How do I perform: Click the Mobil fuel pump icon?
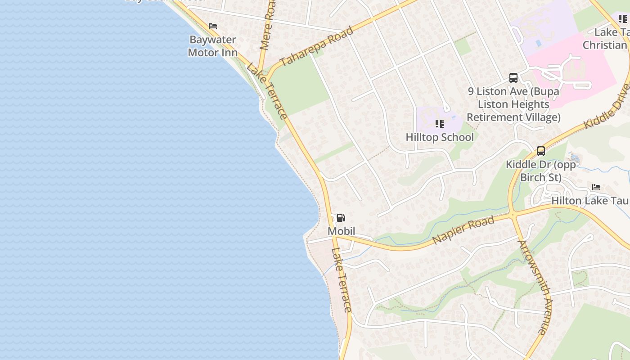coord(341,218)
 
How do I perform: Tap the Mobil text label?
coord(341,231)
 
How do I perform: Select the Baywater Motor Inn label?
coord(212,46)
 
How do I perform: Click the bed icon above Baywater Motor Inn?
coord(213,26)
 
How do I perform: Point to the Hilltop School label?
coord(440,137)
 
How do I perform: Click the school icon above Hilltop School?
coord(440,123)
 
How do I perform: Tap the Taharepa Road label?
coord(316,46)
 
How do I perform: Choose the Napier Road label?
coord(464,229)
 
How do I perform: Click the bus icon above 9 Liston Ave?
coord(513,78)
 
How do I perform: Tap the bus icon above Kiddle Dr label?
coord(541,151)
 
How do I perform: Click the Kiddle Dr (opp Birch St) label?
coord(541,171)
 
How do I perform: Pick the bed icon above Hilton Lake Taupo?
coord(596,187)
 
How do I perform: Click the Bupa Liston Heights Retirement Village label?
coord(513,104)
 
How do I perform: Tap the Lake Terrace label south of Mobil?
coord(342,280)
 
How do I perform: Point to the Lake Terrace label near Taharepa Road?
coord(267,91)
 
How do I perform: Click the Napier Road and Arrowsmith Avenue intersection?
coord(513,216)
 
